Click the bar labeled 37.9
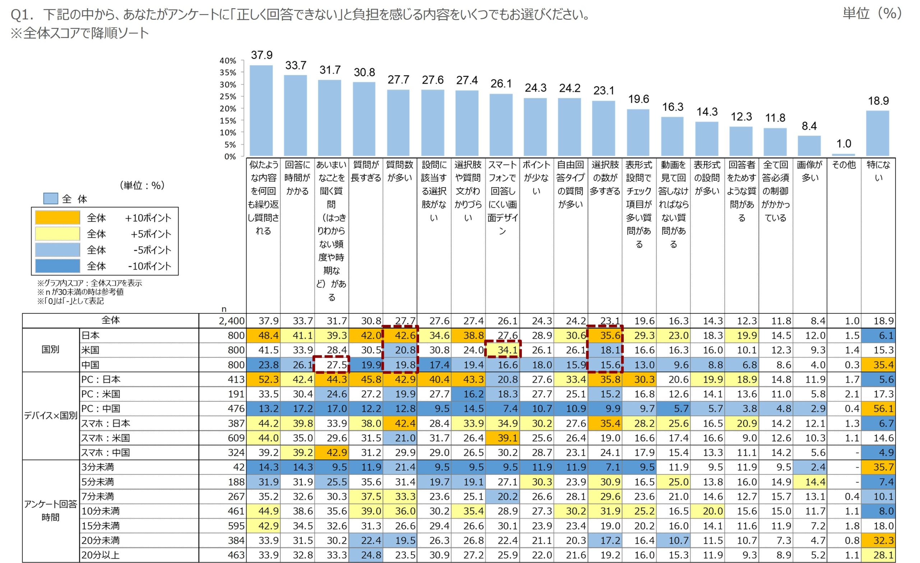pos(261,111)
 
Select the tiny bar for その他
pos(843,154)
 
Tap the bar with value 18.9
pos(878,133)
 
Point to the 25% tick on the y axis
pos(228,97)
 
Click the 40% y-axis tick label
pos(228,61)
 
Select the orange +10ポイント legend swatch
pos(57,218)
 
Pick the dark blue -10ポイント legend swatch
pos(57,266)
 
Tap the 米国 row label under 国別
pos(90,350)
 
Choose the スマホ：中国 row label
pos(106,452)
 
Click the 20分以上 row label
pos(100,555)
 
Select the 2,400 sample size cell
pos(231,321)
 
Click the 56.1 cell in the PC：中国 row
pos(883,409)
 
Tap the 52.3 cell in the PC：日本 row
pos(268,380)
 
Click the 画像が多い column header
pos(809,171)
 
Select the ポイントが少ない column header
pos(536,178)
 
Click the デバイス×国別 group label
pos(51,416)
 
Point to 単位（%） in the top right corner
pos(872,14)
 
